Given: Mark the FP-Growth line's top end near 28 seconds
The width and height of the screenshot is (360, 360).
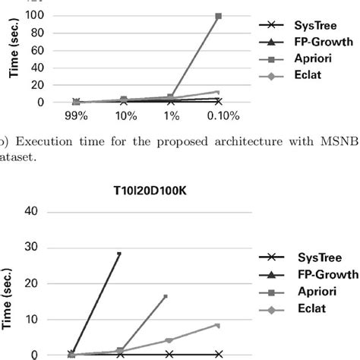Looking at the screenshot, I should click(x=119, y=254).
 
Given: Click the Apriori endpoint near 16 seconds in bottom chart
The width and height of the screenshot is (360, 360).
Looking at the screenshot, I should click(x=166, y=296).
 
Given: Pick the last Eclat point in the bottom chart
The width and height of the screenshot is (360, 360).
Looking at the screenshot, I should click(x=217, y=325).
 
